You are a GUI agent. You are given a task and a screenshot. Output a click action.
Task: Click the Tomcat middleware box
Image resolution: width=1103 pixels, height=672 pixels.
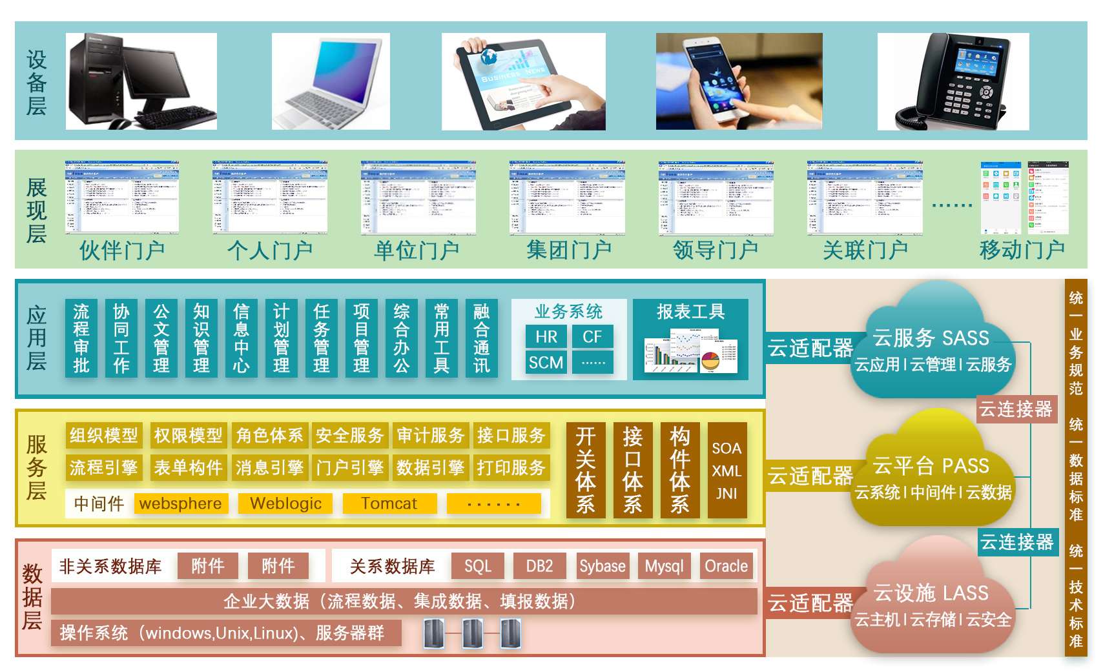pyautogui.click(x=389, y=504)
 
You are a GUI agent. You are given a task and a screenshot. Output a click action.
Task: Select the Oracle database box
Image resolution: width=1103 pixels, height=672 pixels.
pyautogui.click(x=726, y=566)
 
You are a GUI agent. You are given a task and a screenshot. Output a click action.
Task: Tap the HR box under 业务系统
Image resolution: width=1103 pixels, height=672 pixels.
pyautogui.click(x=546, y=336)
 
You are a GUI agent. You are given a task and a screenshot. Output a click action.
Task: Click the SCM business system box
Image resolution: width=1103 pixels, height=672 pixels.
pyautogui.click(x=546, y=363)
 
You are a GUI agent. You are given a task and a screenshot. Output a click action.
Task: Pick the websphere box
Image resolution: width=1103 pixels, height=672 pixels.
pyautogui.click(x=181, y=504)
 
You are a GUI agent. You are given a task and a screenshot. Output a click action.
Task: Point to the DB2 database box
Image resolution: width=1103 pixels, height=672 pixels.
pyautogui.click(x=539, y=566)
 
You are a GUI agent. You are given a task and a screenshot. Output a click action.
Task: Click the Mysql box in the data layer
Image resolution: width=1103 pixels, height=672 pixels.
pyautogui.click(x=664, y=566)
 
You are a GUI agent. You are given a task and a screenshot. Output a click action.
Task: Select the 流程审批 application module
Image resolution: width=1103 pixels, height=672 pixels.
pyautogui.click(x=81, y=338)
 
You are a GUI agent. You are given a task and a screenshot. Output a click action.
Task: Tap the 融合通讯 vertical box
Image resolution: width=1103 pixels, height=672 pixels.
pyautogui.click(x=481, y=338)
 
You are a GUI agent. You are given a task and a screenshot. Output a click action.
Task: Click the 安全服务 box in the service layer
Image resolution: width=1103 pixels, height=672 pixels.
pyautogui.click(x=349, y=436)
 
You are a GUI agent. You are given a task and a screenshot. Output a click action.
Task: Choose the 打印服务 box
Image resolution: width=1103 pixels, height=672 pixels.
pyautogui.click(x=511, y=467)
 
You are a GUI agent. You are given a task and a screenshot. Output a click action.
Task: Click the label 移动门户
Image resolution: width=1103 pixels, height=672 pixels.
pyautogui.click(x=1022, y=250)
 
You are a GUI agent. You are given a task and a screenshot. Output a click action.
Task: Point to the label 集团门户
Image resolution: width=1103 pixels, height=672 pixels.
pyautogui.click(x=568, y=250)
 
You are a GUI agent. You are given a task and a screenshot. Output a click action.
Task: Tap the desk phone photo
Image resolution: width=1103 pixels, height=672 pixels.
pyautogui.click(x=953, y=81)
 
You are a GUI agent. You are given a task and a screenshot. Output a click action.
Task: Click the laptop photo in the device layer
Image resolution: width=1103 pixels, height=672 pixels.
pyautogui.click(x=331, y=81)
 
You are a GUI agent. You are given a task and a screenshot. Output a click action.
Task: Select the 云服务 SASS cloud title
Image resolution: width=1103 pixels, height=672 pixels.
pyautogui.click(x=931, y=338)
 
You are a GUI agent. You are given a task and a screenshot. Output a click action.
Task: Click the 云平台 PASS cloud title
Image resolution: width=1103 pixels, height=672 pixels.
pyautogui.click(x=931, y=465)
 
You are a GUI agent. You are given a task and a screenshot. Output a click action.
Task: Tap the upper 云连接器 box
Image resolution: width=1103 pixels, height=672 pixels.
pyautogui.click(x=1016, y=409)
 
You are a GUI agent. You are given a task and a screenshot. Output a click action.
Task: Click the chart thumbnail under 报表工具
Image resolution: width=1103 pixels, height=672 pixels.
pyautogui.click(x=690, y=351)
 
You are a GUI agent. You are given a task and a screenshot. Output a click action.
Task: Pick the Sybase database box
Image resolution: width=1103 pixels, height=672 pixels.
pyautogui.click(x=602, y=566)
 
